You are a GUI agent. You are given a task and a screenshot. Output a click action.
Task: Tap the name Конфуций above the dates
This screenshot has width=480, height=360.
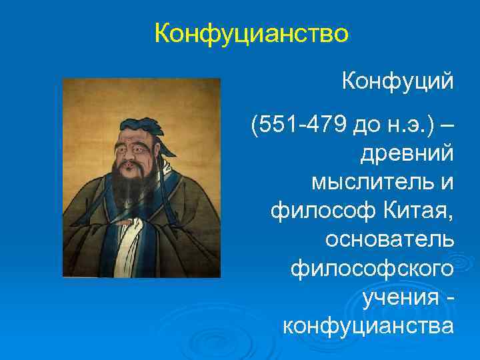[397, 82]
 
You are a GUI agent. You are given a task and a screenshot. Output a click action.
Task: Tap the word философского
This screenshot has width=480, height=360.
[373, 269]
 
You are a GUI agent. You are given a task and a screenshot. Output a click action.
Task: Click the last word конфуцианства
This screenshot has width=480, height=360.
[369, 327]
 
